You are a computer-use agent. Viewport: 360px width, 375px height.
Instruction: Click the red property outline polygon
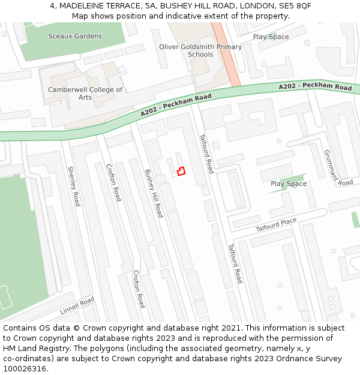[181, 171]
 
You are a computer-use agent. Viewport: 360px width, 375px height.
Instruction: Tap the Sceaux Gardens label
[75, 37]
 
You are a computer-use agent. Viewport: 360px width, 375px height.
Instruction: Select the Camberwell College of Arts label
[85, 94]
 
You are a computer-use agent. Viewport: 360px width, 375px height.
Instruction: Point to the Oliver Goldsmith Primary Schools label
[200, 50]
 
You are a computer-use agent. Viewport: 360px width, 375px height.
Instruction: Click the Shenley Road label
[73, 187]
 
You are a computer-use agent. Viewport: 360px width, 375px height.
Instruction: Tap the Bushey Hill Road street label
[154, 193]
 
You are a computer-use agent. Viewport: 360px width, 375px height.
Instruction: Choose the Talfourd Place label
[276, 225]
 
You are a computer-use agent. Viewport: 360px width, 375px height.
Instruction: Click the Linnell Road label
[77, 306]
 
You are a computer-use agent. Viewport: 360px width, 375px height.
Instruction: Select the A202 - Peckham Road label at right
[315, 88]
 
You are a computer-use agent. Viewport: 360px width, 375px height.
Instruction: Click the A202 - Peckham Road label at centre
[176, 105]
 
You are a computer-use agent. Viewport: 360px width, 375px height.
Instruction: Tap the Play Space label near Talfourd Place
[289, 184]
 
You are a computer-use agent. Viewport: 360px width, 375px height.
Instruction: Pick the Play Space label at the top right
[271, 37]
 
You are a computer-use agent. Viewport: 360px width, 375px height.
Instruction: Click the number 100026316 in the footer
[25, 368]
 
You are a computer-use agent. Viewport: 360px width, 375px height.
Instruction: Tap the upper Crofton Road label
[113, 182]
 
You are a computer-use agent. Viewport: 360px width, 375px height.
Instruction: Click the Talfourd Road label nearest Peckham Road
[206, 154]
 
